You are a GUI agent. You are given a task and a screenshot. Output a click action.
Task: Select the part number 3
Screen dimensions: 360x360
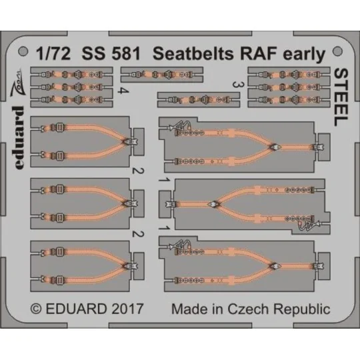[x=235, y=84]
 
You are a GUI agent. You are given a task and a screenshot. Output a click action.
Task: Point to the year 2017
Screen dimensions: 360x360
[x=125, y=309]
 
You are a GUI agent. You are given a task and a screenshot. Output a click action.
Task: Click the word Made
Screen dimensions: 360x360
[x=188, y=309]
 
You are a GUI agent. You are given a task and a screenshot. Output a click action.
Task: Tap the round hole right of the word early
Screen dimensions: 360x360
[x=331, y=51]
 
